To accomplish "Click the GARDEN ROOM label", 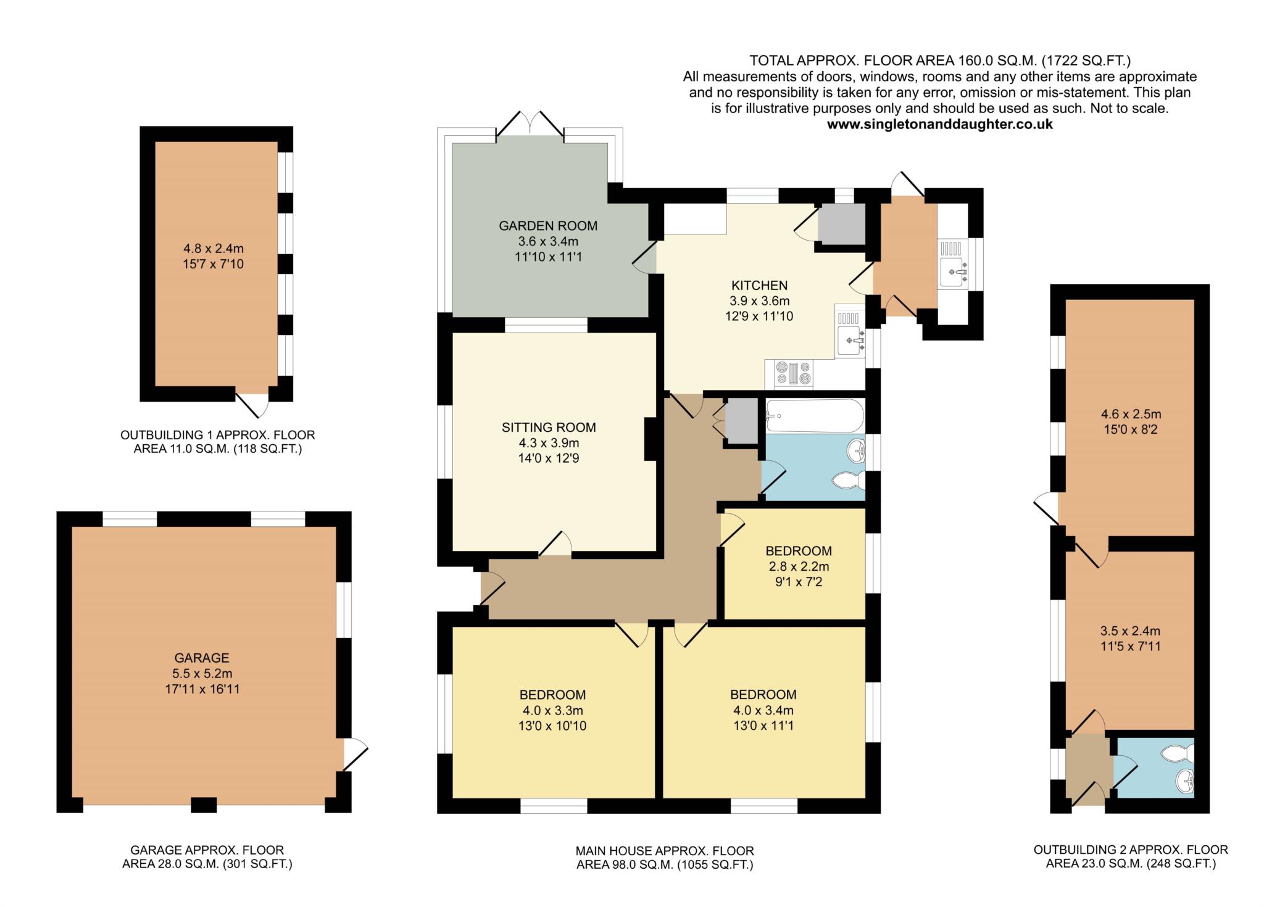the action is [548, 226].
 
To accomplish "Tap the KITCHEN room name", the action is [759, 286].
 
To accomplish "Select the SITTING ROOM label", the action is [549, 428].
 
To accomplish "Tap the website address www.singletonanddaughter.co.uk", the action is [939, 124].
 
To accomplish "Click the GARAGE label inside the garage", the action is [201, 658].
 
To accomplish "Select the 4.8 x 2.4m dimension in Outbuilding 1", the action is [214, 249].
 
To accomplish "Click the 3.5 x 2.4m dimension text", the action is [1130, 631].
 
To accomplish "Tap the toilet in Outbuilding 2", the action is [1179, 753].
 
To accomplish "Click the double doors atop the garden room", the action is [530, 124].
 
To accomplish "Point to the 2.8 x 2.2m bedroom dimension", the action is [799, 566].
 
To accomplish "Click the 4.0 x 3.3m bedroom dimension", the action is [552, 710].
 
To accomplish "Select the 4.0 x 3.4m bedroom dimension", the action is [763, 710].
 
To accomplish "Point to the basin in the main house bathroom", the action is [857, 451].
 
